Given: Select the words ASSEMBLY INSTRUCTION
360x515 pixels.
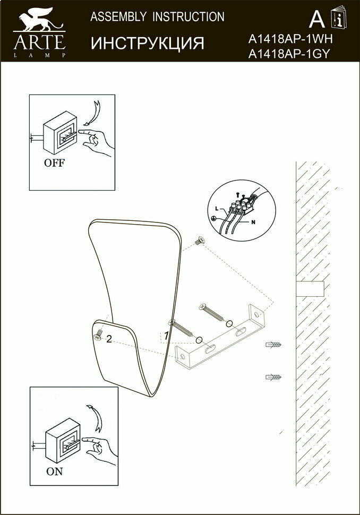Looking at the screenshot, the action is [x=157, y=17].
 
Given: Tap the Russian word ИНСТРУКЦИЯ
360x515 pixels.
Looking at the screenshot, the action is [x=147, y=43].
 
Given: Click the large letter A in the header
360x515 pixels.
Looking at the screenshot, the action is [x=316, y=19].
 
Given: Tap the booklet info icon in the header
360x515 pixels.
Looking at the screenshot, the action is [x=338, y=18].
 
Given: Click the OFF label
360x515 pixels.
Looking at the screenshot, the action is [x=54, y=163].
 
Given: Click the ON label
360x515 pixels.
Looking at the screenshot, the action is [x=55, y=470].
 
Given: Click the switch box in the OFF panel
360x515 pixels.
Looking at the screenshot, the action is [x=60, y=135].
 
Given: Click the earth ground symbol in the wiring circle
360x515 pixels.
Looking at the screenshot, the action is [x=213, y=218].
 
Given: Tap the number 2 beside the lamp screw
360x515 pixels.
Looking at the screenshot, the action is [x=109, y=339].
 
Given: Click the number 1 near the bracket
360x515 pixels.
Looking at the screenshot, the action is [x=166, y=336].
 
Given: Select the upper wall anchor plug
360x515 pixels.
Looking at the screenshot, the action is [x=273, y=345].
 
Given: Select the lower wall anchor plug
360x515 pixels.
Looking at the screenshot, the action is [x=273, y=377].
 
